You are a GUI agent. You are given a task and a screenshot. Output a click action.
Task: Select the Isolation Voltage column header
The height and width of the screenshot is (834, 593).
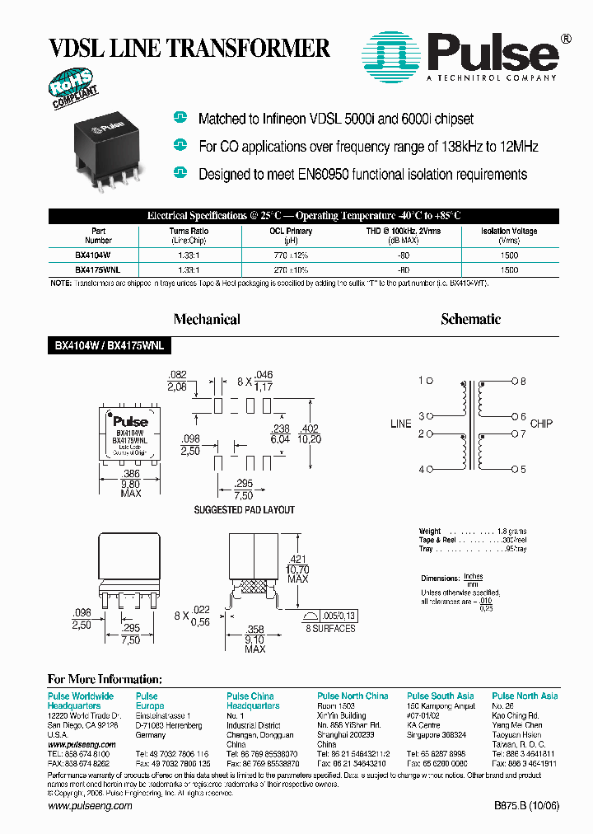pyautogui.click(x=509, y=232)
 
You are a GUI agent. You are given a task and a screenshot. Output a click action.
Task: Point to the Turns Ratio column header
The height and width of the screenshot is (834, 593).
pyautogui.click(x=189, y=232)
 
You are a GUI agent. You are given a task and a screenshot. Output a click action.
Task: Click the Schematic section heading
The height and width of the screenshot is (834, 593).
pyautogui.click(x=470, y=319)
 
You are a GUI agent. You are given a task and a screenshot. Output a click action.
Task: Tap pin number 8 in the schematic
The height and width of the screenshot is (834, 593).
pyautogui.click(x=522, y=381)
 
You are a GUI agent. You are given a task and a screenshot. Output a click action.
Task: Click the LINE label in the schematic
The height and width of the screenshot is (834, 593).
pyautogui.click(x=400, y=424)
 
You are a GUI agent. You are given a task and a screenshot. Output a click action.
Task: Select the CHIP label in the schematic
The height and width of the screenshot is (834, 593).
pyautogui.click(x=541, y=424)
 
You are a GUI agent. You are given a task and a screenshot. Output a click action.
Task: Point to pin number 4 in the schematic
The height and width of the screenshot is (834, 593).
pyautogui.click(x=421, y=470)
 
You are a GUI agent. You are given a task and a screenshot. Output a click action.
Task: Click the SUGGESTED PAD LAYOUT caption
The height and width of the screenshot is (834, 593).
pyautogui.click(x=244, y=510)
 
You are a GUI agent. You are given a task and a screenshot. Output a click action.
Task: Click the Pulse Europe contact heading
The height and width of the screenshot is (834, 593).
pyautogui.click(x=149, y=701)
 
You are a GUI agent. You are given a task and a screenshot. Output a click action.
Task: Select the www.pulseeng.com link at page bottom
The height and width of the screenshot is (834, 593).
pyautogui.click(x=90, y=806)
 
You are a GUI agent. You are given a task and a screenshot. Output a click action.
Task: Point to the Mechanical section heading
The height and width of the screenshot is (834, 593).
pyautogui.click(x=207, y=319)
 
